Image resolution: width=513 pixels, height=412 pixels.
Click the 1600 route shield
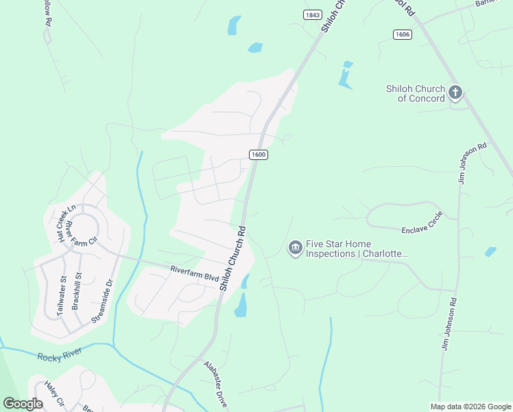click(258, 154)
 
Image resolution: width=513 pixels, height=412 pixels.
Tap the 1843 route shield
click(312, 14)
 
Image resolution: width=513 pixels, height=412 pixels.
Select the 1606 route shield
click(403, 34)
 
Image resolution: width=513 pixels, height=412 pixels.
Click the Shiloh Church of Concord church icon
click(455, 93)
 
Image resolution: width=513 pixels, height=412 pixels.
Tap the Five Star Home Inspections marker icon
click(296, 247)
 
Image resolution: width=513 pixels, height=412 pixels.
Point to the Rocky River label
click(60, 355)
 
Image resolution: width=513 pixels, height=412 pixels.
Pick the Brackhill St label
click(77, 290)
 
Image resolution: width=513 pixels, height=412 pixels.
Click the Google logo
click(23, 404)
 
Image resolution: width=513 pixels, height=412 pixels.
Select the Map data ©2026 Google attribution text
click(470, 407)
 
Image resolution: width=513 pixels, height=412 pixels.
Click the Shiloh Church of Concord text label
click(416, 93)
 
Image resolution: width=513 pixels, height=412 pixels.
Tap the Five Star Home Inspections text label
click(357, 249)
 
